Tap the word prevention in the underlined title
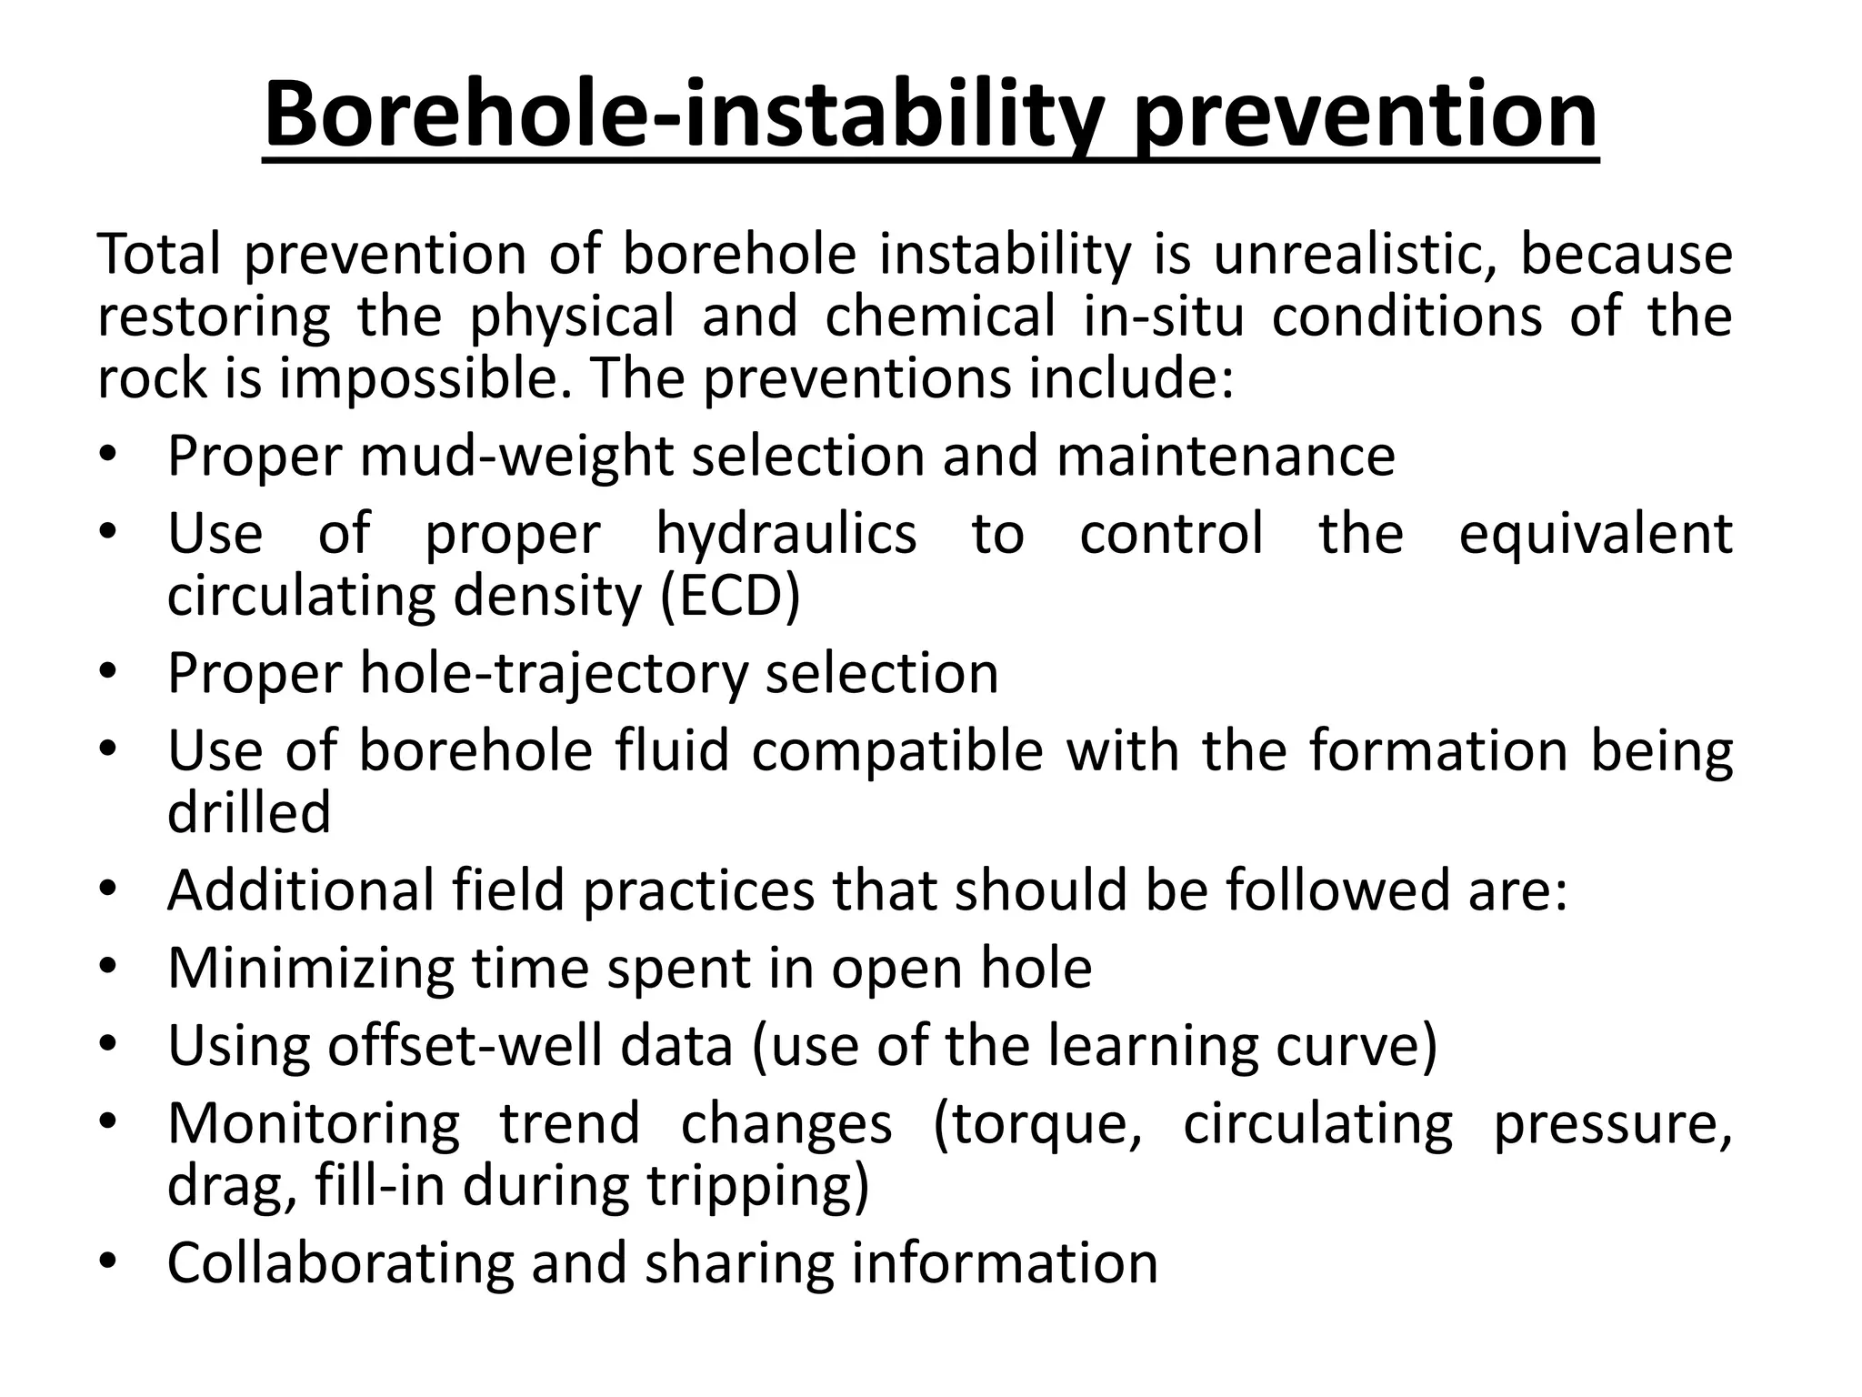pos(1366,116)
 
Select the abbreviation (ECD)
pos(730,596)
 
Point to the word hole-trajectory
pos(554,674)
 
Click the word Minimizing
pos(310,968)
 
